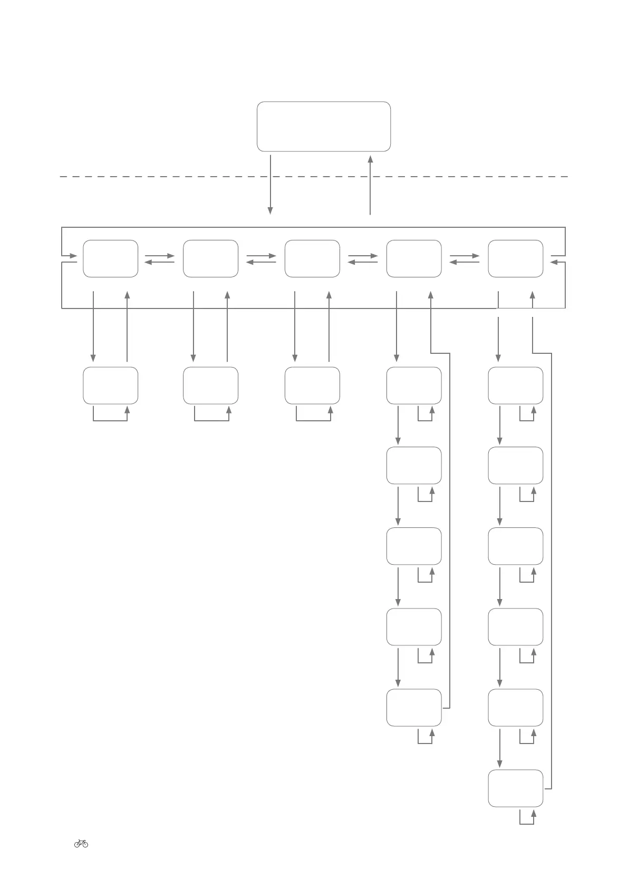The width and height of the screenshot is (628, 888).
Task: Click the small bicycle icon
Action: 81,843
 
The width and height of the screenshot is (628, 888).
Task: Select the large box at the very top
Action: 323,127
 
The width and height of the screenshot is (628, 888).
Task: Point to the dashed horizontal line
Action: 158,177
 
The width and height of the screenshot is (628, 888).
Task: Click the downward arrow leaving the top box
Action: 270,185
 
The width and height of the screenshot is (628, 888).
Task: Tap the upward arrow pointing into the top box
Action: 370,185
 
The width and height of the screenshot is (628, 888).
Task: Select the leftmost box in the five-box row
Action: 110,258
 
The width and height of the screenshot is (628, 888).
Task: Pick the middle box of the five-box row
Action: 312,258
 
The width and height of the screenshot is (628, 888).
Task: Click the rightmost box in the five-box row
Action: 515,258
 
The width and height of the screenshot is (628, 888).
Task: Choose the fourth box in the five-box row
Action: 414,258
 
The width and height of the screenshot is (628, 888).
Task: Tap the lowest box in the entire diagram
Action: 515,788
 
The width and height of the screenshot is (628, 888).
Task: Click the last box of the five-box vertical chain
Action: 414,708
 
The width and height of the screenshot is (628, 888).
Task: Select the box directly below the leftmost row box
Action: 110,385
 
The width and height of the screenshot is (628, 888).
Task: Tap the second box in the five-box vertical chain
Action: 414,466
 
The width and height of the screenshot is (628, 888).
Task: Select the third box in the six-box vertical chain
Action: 515,546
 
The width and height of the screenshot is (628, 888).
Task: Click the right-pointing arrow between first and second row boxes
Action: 160,256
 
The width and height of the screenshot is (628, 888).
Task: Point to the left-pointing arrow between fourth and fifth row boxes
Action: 464,262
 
